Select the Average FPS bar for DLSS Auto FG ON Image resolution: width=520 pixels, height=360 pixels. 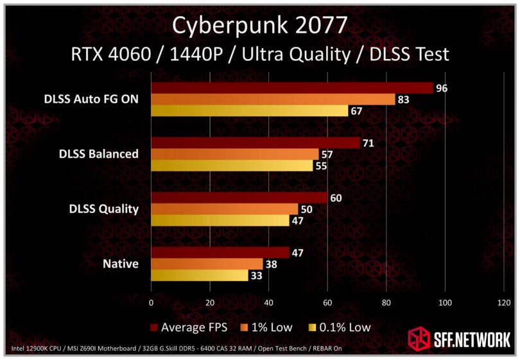tap(292, 88)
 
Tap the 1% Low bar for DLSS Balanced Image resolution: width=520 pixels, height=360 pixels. tap(235, 154)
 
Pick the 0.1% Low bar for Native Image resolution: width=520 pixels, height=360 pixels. tap(200, 275)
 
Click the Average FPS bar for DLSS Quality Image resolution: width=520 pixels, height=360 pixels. tap(239, 198)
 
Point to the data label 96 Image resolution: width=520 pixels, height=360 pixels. tap(441, 88)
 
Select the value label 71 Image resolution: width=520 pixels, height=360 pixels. tap(368, 143)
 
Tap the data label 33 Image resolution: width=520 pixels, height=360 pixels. tap(256, 275)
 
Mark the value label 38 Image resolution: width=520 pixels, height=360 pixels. tap(271, 264)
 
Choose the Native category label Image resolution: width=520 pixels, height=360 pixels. tap(121, 264)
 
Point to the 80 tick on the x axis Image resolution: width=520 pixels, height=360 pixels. tap(386, 302)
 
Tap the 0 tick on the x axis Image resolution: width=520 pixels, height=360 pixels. tap(151, 302)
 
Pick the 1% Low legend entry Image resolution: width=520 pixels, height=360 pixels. tap(269, 327)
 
